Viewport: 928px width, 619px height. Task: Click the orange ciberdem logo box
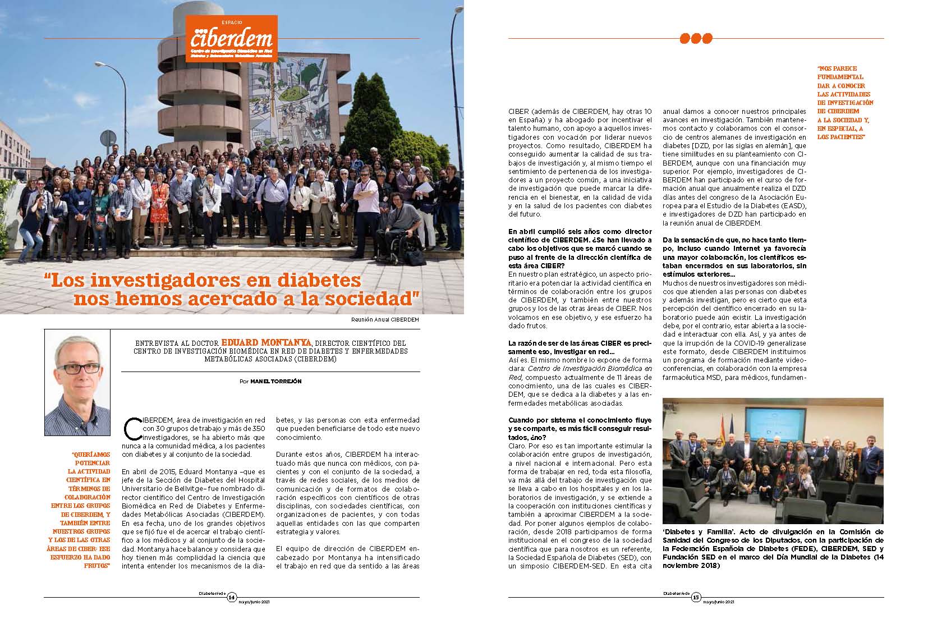[232, 38]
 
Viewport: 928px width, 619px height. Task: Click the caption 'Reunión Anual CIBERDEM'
[384, 320]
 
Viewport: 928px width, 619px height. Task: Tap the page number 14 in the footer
[232, 597]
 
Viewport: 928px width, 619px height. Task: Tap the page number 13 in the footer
[696, 597]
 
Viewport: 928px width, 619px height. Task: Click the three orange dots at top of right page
[696, 38]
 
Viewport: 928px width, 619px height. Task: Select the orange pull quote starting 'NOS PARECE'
[845, 103]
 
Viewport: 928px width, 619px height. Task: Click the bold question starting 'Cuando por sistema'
[580, 428]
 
